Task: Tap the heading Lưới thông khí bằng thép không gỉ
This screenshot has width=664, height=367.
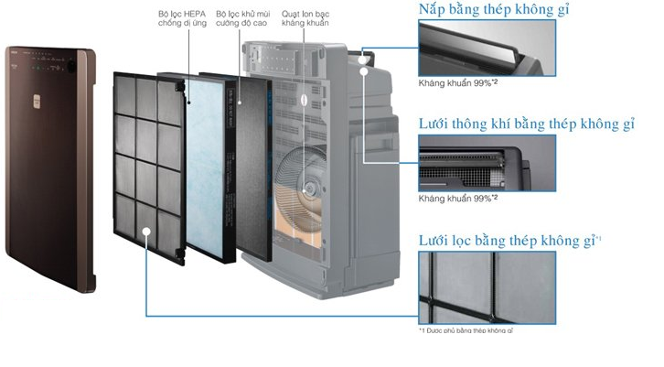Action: coord(525,124)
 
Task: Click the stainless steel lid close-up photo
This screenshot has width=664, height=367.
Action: coord(487,49)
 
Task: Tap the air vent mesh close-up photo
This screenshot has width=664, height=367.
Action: coord(487,163)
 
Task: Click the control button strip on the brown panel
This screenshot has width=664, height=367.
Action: coord(51,66)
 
